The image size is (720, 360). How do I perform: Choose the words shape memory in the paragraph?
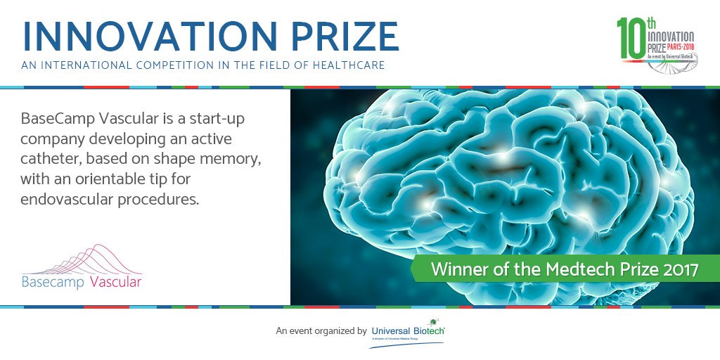tap(204, 160)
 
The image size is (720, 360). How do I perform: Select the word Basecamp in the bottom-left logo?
tap(53, 283)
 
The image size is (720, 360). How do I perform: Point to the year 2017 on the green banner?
tap(677, 269)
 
